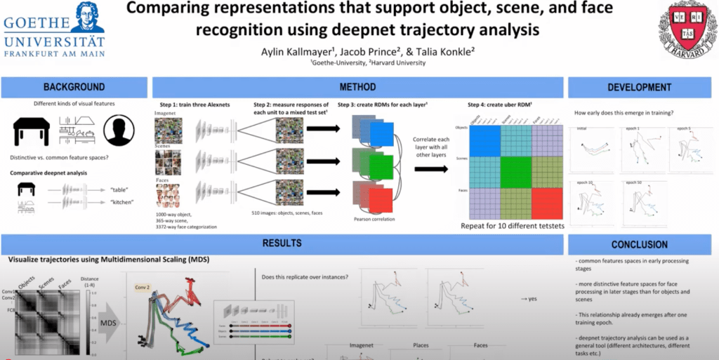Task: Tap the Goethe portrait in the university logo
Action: [88, 16]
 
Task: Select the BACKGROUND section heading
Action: [74, 87]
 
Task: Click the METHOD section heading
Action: [357, 87]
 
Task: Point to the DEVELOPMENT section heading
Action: [639, 87]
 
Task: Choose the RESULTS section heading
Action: [282, 244]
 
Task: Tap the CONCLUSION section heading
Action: [639, 244]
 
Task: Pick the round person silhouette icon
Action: [119, 131]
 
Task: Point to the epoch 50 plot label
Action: [636, 182]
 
